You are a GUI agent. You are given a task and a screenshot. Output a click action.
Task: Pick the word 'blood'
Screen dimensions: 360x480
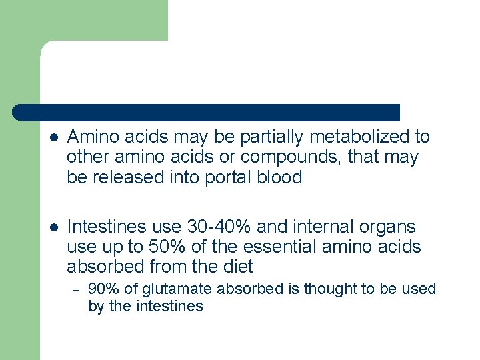[x=282, y=178]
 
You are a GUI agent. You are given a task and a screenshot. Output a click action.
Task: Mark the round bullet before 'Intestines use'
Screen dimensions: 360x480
[x=55, y=228]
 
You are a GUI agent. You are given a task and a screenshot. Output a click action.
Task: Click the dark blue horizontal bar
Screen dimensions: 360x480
[x=207, y=112]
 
